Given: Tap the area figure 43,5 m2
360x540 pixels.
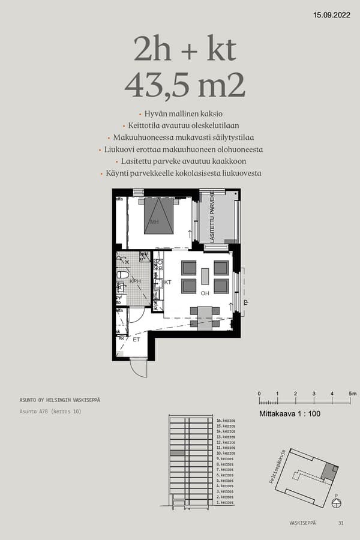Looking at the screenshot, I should tap(185, 85).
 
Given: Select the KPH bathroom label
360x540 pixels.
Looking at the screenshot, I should tap(135, 281).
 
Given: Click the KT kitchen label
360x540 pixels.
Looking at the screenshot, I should tap(168, 281).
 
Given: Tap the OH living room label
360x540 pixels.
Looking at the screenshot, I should tap(205, 293).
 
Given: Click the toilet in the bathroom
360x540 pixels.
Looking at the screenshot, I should tap(122, 274).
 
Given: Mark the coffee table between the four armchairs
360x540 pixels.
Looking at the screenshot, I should tap(205, 276).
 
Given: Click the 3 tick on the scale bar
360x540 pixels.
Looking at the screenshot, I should tap(314, 394).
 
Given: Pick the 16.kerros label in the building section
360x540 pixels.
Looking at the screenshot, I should tap(225, 421).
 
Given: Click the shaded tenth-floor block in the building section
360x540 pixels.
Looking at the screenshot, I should tap(177, 454).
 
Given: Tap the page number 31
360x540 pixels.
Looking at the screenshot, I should tap(341, 523).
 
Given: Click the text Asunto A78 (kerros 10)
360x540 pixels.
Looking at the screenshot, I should tap(50, 412).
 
